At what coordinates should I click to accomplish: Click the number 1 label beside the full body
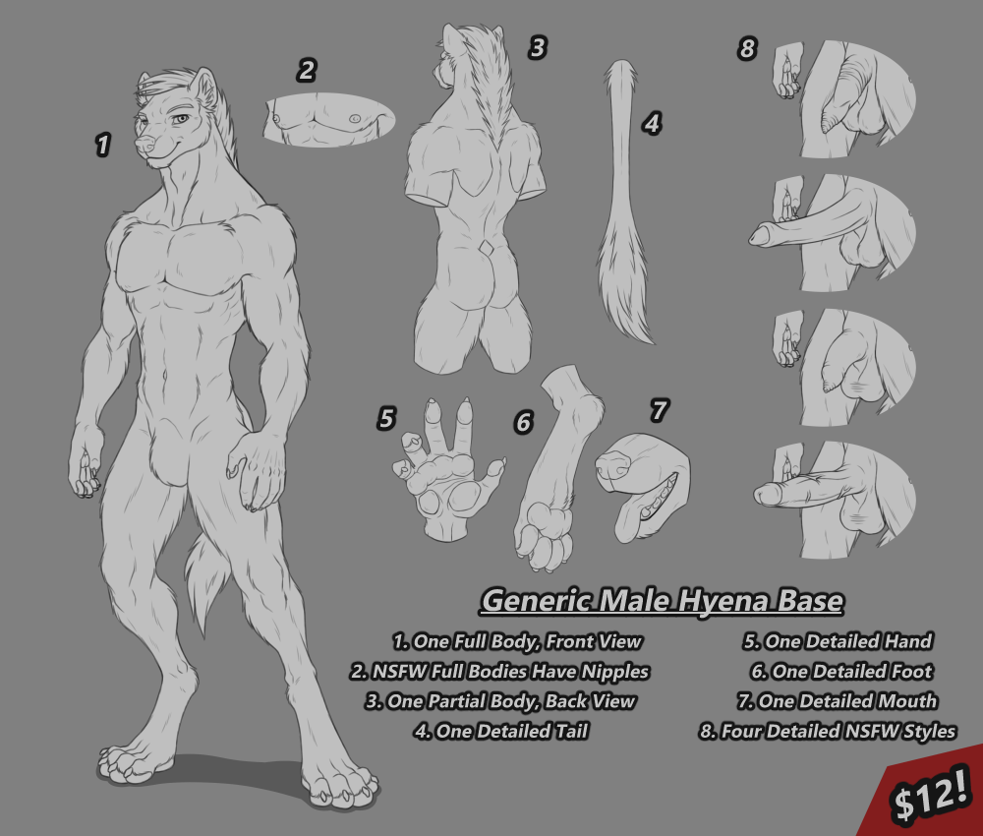tap(103, 145)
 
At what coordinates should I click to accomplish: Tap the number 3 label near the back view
tap(538, 47)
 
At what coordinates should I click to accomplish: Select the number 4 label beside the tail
tap(652, 124)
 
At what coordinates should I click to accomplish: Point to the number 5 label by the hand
tap(386, 418)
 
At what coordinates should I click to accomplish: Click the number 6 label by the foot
tap(524, 423)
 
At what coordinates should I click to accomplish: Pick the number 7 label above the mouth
tap(659, 411)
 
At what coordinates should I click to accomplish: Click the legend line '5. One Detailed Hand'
tap(838, 641)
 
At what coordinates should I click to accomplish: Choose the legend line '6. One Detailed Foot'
tap(842, 671)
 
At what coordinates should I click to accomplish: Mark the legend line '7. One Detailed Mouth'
tap(838, 700)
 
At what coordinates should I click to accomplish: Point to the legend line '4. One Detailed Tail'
tap(501, 731)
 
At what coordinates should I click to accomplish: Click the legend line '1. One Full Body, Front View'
tap(517, 641)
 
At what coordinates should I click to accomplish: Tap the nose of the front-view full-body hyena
tap(145, 145)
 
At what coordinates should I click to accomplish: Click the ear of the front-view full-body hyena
tap(205, 88)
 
